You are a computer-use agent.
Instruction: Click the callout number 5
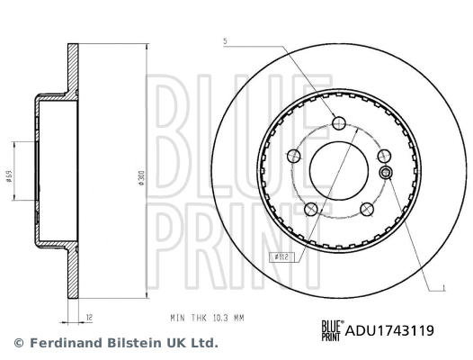click(226, 41)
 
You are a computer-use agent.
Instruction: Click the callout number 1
click(444, 288)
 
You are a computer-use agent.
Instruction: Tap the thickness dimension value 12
click(91, 317)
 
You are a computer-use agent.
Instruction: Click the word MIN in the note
click(176, 318)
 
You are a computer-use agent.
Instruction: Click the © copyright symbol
click(19, 343)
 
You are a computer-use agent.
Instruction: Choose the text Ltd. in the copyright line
click(203, 343)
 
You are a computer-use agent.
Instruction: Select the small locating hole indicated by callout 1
click(386, 173)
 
